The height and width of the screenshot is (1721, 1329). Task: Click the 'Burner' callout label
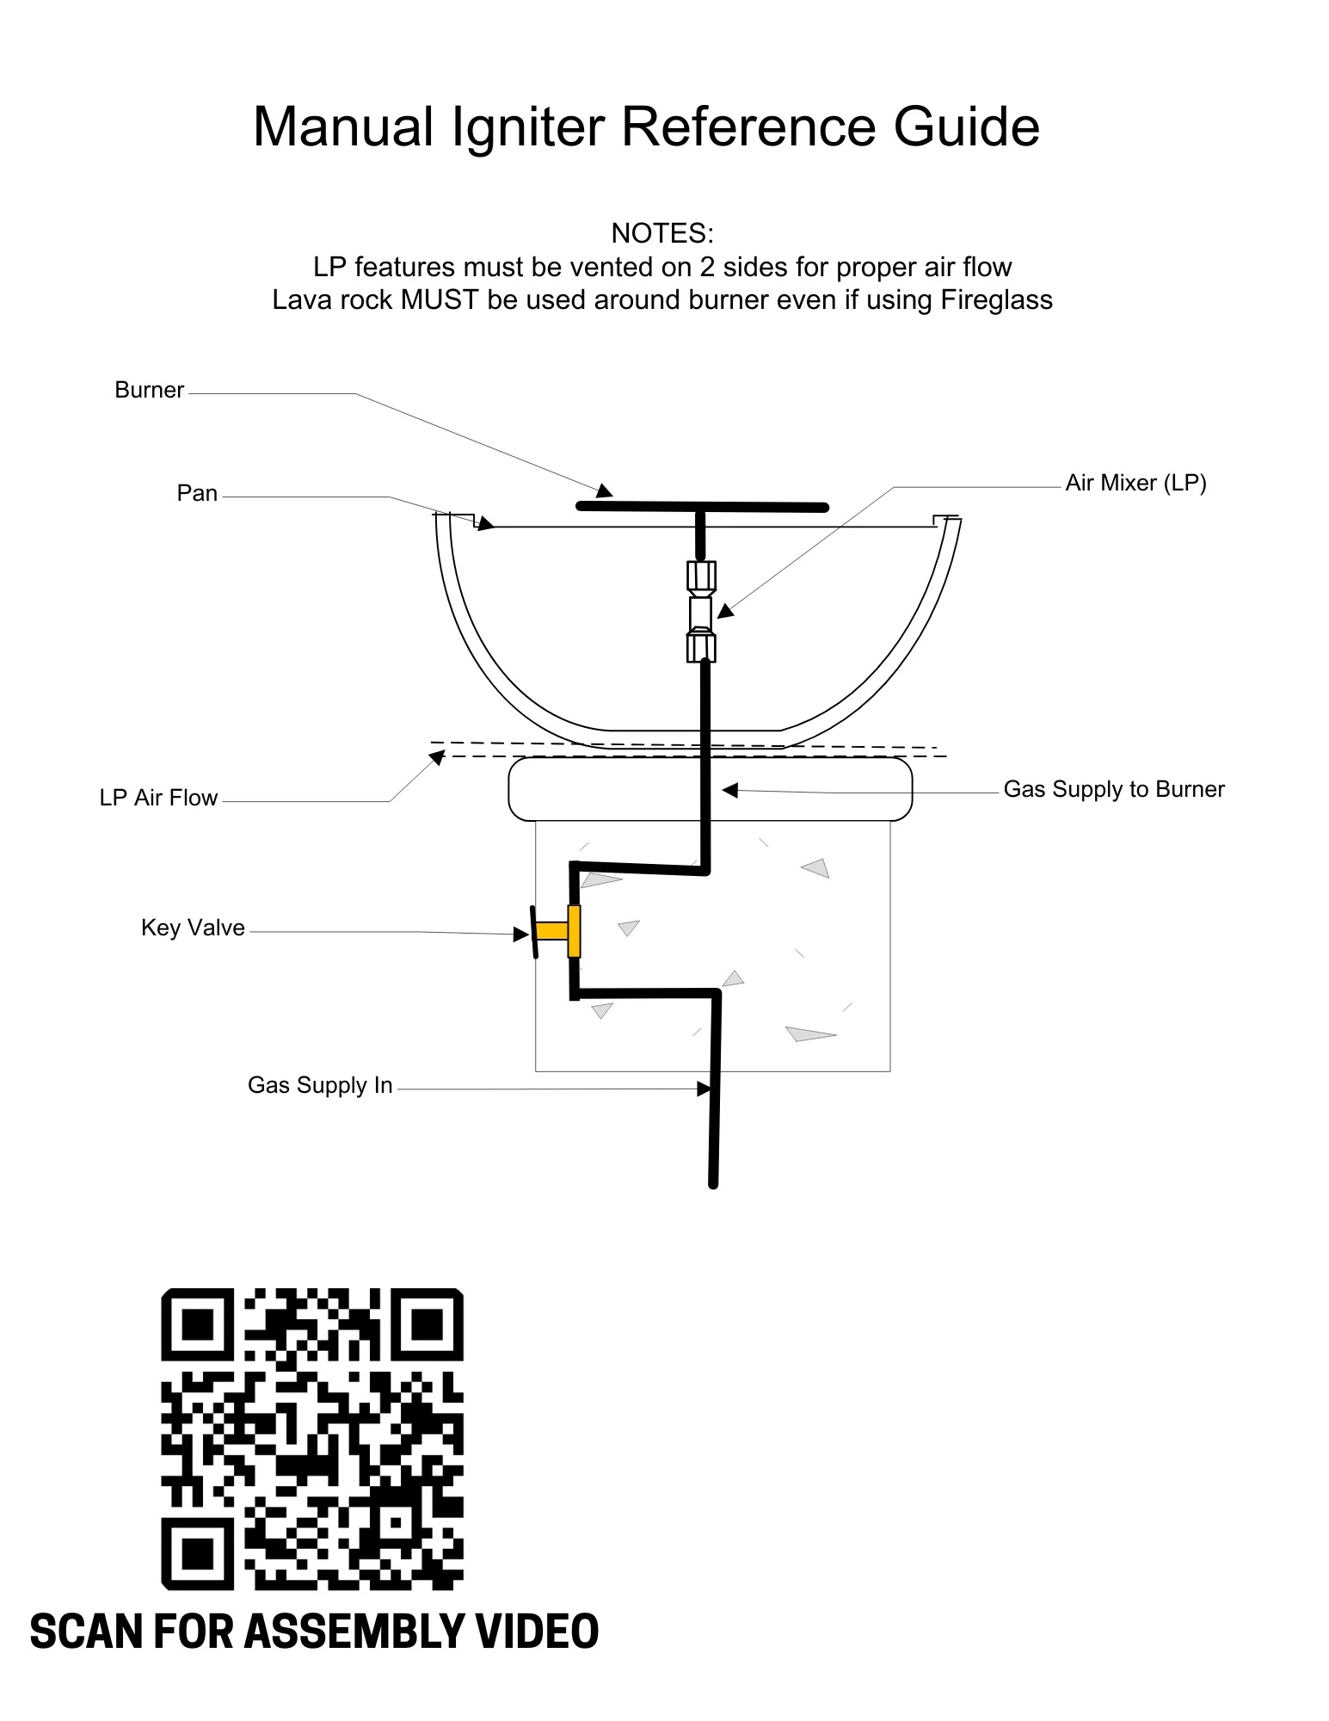pos(149,390)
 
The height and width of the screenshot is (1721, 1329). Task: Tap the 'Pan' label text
pos(197,493)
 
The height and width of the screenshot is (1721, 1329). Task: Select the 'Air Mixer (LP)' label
pos(1135,483)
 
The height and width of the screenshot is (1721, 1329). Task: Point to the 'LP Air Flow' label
pos(158,798)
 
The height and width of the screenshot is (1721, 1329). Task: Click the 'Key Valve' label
pos(193,928)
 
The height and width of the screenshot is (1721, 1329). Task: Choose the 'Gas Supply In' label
pos(320,1085)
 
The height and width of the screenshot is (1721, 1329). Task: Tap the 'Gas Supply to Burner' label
pos(1114,789)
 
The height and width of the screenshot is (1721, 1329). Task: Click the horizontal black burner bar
pos(702,507)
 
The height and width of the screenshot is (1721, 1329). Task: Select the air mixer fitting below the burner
pos(701,612)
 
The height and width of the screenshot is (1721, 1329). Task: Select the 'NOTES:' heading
pos(662,233)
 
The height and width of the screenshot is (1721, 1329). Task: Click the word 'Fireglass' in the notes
pos(996,300)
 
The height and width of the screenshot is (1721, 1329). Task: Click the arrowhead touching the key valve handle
pos(521,934)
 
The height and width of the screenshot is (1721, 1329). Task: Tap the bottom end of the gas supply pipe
pos(713,1185)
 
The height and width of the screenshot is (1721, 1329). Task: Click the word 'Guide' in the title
pos(967,127)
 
